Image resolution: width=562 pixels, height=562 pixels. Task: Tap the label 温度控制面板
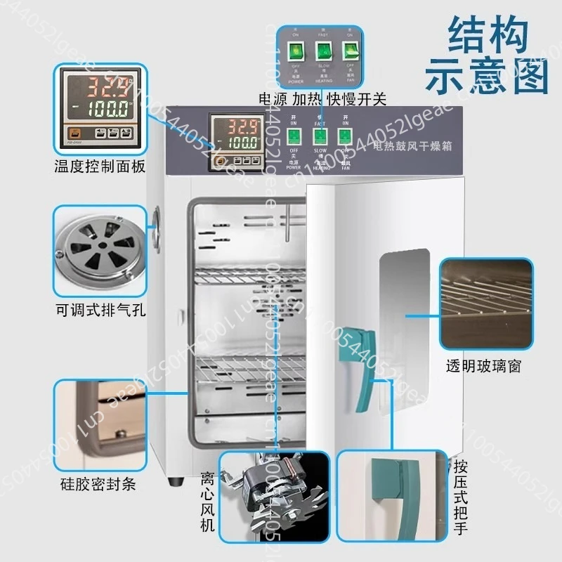click(99, 167)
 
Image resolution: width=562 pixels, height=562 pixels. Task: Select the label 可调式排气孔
click(99, 310)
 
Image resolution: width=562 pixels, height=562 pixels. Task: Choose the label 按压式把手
click(461, 496)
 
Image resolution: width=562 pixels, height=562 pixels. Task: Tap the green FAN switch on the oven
click(345, 136)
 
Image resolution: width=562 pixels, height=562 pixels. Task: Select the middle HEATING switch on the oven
click(320, 136)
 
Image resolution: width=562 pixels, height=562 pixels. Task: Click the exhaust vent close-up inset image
click(99, 250)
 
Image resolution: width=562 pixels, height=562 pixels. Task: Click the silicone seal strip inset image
click(99, 424)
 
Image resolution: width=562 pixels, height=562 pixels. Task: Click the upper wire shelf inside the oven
click(242, 276)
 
